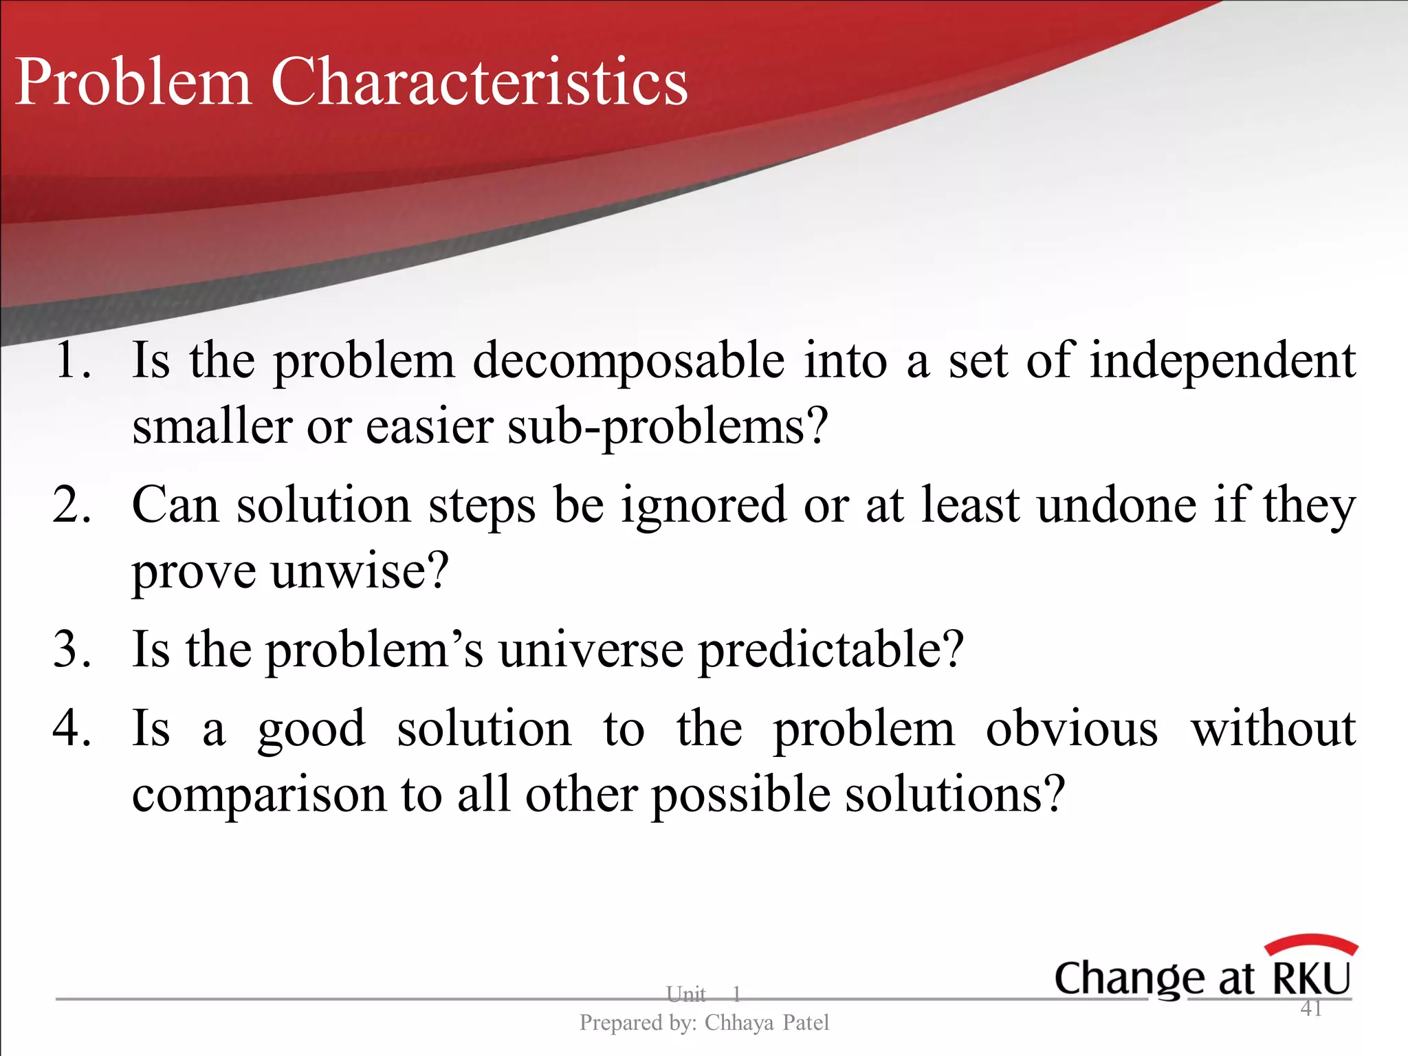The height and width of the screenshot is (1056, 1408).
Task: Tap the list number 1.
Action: [71, 360]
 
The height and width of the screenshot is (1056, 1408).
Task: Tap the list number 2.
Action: [71, 505]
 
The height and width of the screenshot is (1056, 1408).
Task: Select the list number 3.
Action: [71, 649]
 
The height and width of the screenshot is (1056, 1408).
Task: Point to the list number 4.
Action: [71, 729]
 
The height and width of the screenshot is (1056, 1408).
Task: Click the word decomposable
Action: [628, 362]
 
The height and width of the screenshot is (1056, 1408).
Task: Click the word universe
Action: [591, 650]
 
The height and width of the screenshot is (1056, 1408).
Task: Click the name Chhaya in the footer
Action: [739, 1023]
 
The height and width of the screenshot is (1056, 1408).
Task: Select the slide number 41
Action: [1311, 1009]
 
